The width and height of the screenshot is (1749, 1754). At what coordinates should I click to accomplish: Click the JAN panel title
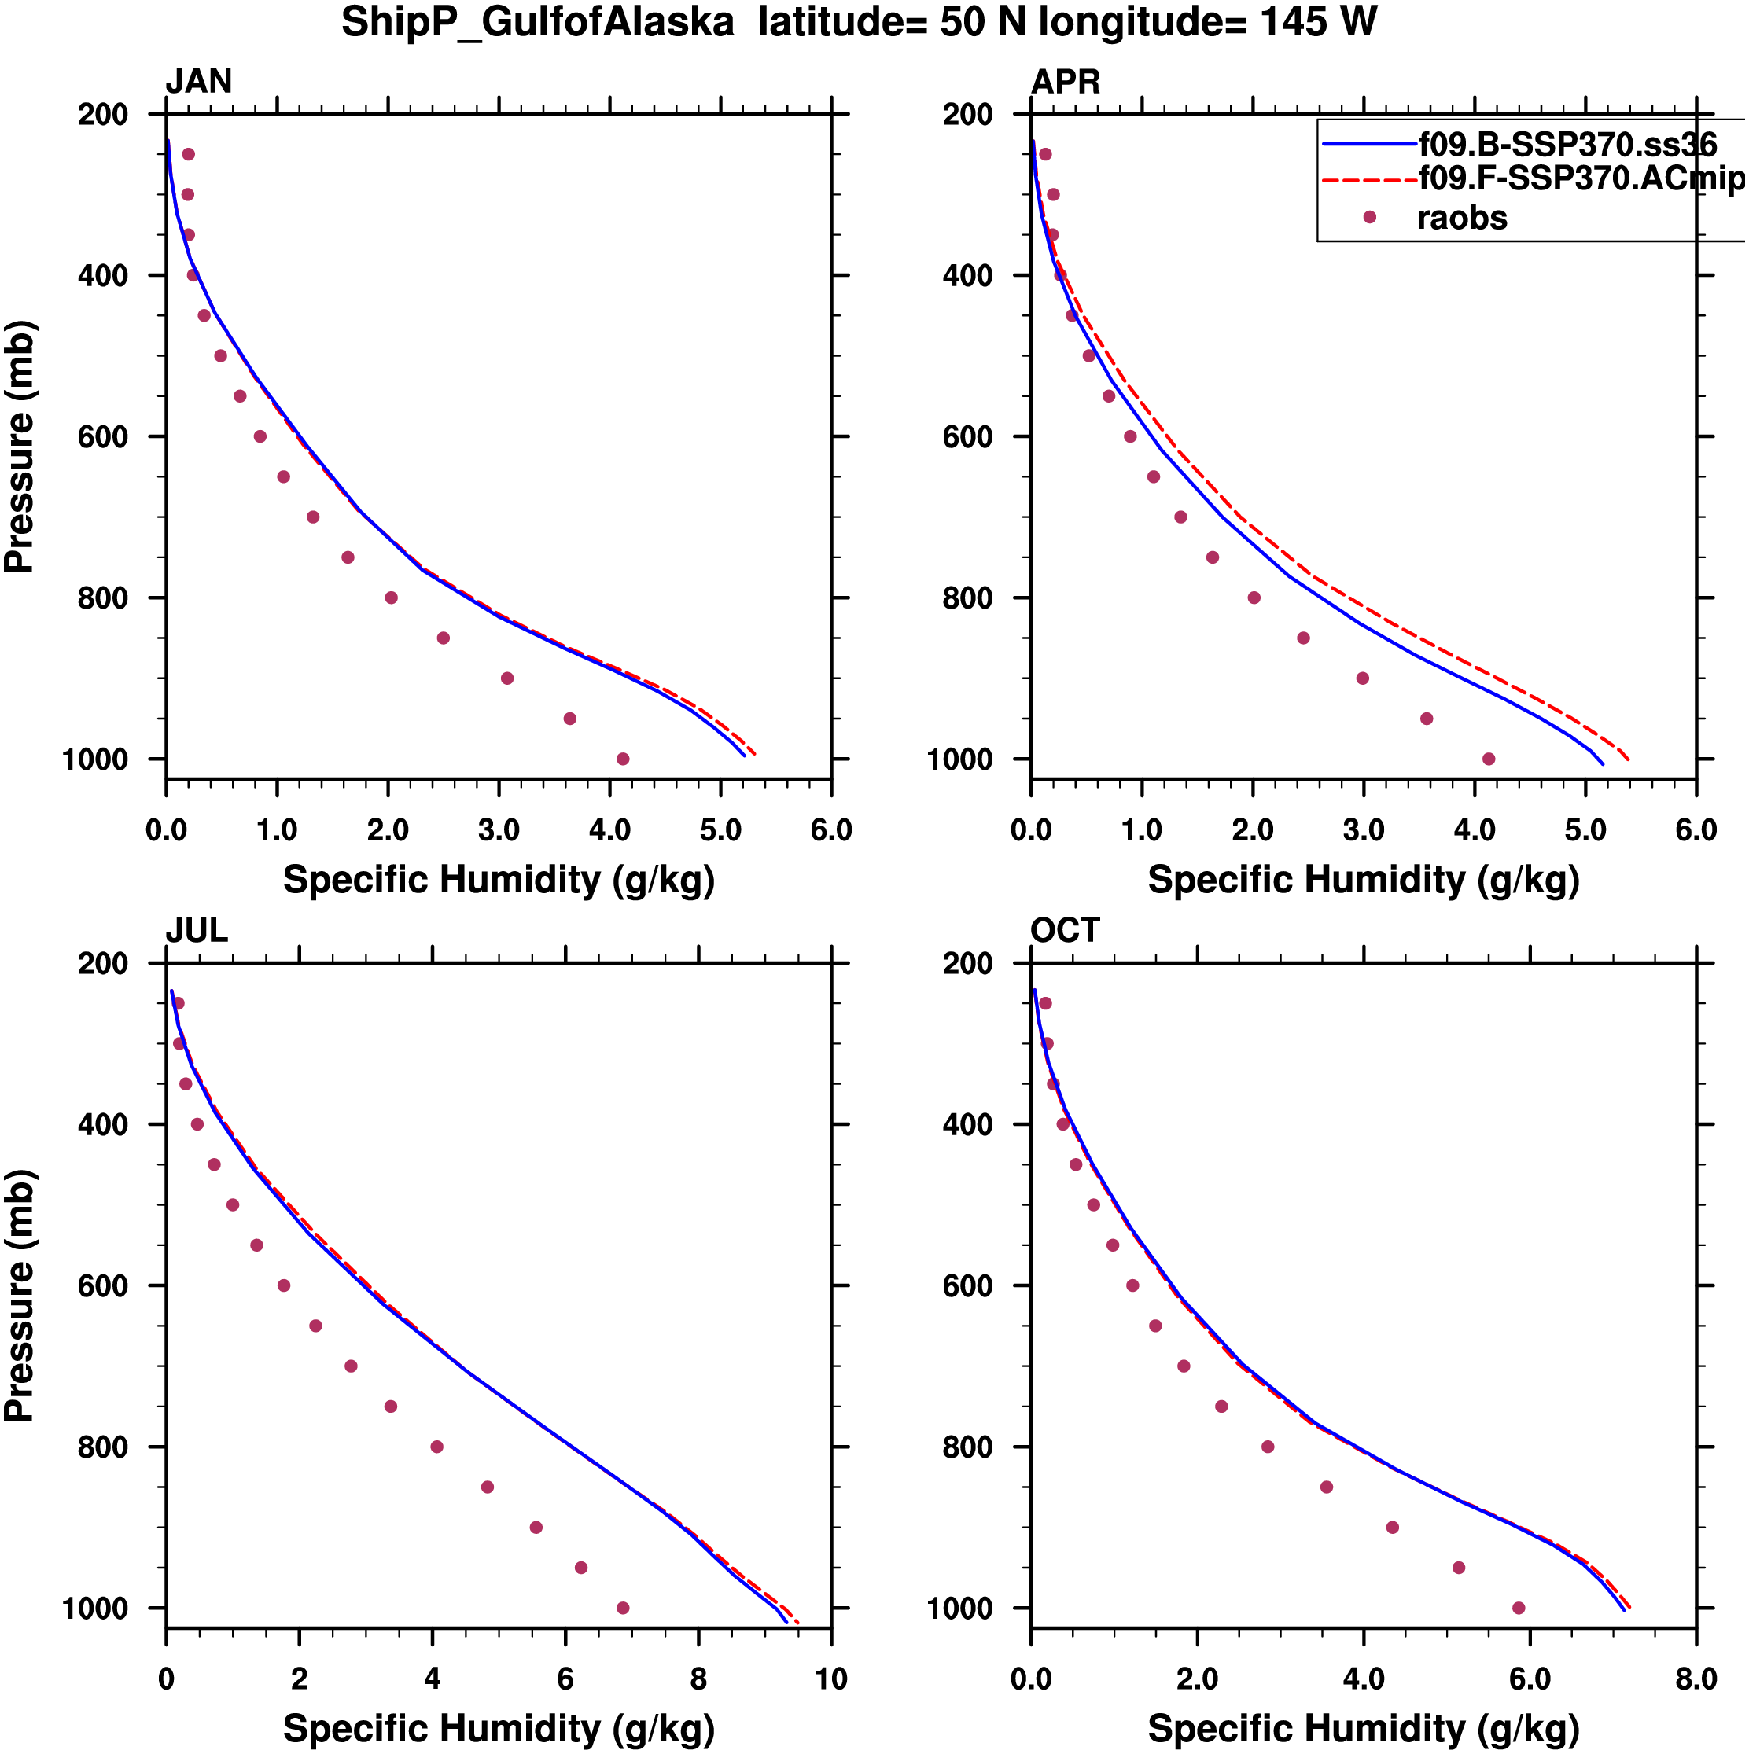(198, 82)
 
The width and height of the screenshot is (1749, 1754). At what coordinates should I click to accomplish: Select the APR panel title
(1065, 82)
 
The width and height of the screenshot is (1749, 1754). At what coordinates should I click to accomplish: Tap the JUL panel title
(196, 931)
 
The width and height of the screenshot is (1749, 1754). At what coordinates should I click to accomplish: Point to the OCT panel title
(1064, 931)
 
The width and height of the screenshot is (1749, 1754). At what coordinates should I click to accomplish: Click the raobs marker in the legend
(1369, 218)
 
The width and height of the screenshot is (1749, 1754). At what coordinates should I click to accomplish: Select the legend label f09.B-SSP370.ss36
(1567, 145)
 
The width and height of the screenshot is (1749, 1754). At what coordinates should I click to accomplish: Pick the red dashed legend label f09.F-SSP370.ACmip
(1580, 178)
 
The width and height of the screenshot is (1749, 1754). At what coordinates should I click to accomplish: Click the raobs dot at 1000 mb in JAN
(623, 759)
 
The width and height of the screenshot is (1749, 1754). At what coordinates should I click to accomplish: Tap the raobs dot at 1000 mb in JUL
(623, 1608)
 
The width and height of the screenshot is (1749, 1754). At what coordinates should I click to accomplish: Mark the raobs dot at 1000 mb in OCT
(1519, 1608)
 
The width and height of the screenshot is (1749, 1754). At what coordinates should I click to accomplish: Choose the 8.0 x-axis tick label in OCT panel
(1696, 1679)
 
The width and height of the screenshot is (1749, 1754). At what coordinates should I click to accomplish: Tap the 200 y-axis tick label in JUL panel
(102, 963)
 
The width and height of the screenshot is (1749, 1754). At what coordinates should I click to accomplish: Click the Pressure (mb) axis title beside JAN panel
(20, 446)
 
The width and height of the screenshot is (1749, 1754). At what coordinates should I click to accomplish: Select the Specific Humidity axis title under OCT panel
(1363, 1729)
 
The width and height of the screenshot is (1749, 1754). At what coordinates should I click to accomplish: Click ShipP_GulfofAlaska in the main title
(538, 23)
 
